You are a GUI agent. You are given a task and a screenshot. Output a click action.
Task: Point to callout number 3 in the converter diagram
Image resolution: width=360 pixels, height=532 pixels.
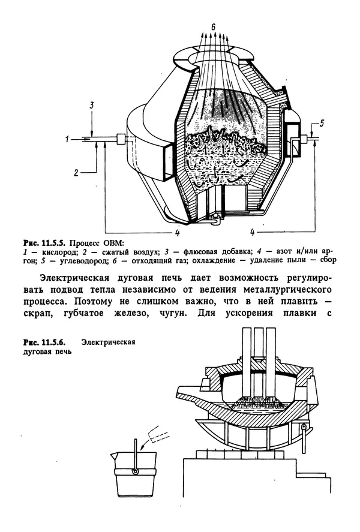pos(91,106)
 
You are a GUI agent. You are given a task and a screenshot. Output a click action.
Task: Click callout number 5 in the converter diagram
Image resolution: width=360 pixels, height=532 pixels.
pos(322,124)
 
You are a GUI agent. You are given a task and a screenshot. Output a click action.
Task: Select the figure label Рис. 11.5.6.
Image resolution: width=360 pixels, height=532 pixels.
pos(43,342)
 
